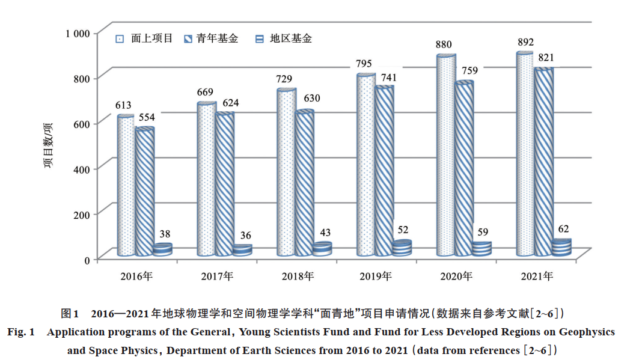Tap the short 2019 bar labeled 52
click(x=402, y=248)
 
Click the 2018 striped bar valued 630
click(x=305, y=183)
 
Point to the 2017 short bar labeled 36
click(x=242, y=251)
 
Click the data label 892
click(x=525, y=43)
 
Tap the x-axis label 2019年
click(x=375, y=276)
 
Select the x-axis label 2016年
click(x=136, y=276)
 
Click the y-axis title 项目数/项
click(x=49, y=145)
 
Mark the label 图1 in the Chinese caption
click(x=70, y=314)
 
